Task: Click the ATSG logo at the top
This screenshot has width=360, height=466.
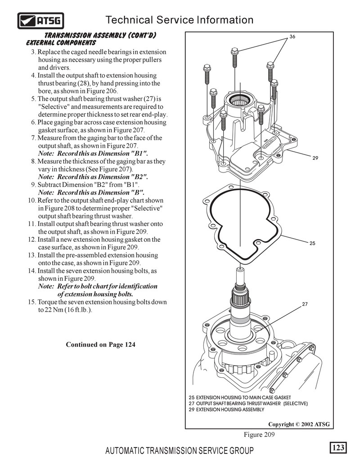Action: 40,20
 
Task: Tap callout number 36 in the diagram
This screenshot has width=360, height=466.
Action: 292,36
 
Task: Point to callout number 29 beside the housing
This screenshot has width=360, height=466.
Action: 315,158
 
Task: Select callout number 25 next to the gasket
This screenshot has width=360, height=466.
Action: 312,243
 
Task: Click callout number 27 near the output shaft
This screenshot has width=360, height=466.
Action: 305,304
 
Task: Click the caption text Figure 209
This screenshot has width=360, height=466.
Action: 259,434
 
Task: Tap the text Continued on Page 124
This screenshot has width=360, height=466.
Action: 100,344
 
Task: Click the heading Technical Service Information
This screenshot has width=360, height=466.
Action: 179,20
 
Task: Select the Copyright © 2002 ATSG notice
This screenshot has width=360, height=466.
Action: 299,424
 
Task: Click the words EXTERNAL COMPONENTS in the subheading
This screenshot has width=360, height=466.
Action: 61,43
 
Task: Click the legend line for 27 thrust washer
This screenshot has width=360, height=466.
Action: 248,404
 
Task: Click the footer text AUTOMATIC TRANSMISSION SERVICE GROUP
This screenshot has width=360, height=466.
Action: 179,451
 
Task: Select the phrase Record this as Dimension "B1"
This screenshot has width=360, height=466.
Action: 103,154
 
